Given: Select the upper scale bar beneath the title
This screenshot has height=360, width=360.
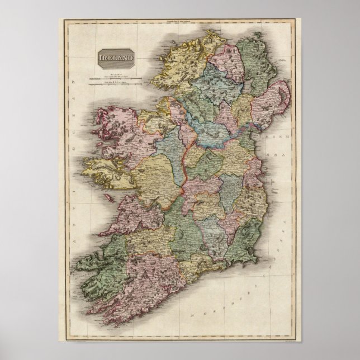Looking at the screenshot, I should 116,80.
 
